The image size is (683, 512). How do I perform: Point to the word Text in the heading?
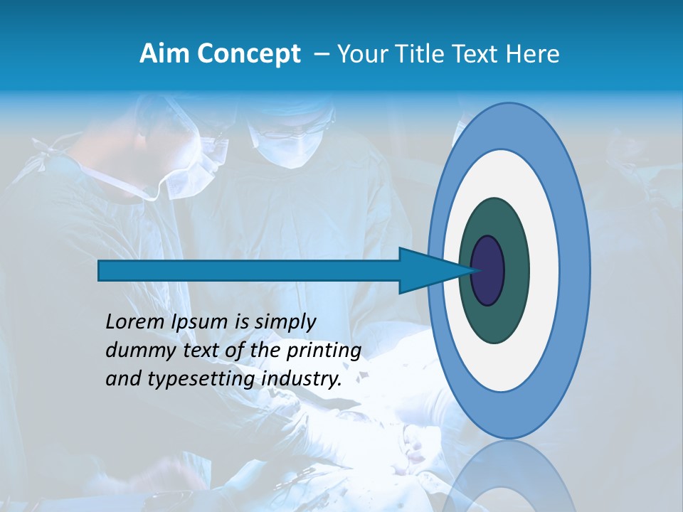click(x=475, y=54)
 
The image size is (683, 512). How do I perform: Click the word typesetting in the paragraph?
click(x=201, y=380)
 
